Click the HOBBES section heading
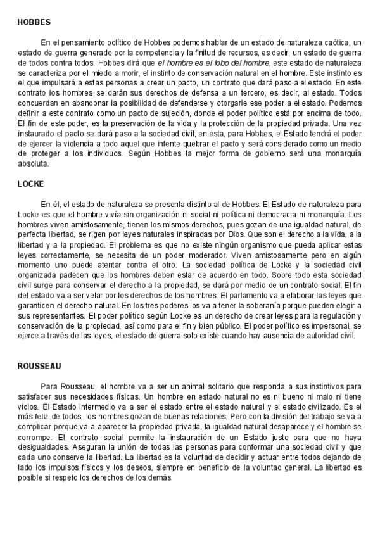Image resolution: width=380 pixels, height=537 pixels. [34, 22]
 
